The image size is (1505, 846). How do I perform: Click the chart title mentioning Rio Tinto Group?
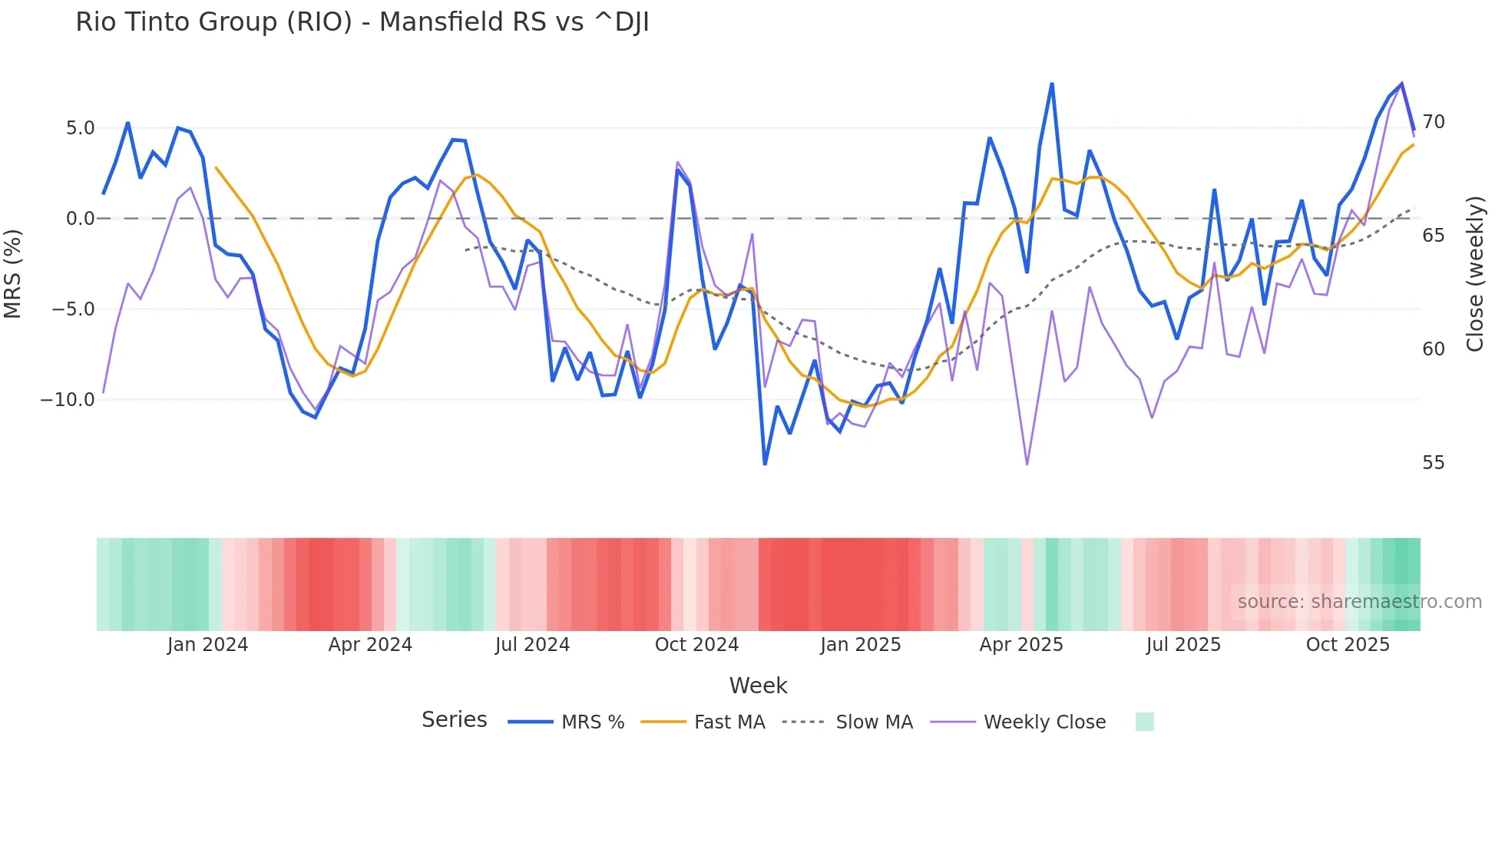click(x=362, y=22)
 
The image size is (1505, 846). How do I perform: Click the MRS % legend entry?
click(x=592, y=722)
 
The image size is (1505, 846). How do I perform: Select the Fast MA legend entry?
click(x=729, y=722)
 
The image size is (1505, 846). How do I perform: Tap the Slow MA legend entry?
click(x=874, y=722)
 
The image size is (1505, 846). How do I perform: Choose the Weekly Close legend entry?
click(x=1044, y=722)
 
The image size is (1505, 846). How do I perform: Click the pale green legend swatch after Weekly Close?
click(x=1144, y=722)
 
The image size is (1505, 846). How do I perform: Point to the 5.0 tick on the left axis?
click(x=80, y=128)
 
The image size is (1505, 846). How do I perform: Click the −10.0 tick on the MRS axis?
click(x=68, y=400)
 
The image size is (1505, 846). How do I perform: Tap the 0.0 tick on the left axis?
click(x=80, y=219)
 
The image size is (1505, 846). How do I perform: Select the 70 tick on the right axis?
click(x=1433, y=122)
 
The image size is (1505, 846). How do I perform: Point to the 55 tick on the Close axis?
click(x=1433, y=463)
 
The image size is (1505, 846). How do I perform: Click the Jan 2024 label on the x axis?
click(x=207, y=645)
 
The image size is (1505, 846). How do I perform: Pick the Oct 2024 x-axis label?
click(x=696, y=645)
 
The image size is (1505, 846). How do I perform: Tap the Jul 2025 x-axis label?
click(x=1183, y=645)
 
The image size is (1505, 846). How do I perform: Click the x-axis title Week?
click(x=758, y=686)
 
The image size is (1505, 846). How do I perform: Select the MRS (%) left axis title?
click(x=13, y=273)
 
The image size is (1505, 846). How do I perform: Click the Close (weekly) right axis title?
click(x=1474, y=273)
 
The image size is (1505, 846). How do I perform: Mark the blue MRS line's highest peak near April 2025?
click(x=1052, y=84)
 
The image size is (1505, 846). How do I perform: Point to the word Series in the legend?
click(x=454, y=720)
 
